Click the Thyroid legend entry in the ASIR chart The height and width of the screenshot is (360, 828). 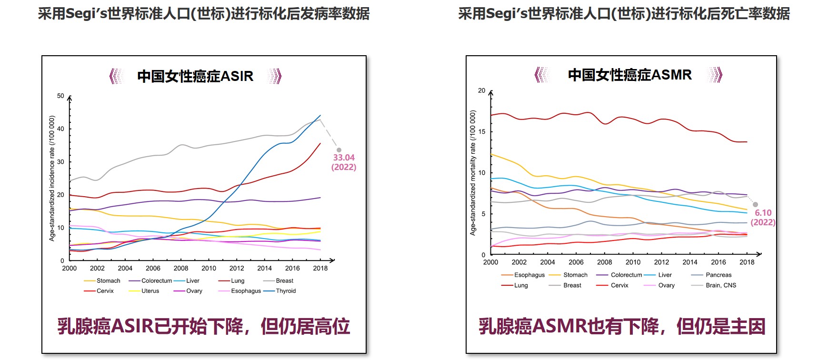click(285, 291)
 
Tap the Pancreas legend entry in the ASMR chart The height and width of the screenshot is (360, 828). click(718, 275)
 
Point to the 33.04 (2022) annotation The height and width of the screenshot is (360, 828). click(344, 162)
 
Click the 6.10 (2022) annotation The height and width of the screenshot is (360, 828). click(763, 218)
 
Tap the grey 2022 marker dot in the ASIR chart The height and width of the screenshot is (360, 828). click(339, 150)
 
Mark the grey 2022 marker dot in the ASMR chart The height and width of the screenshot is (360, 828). click(755, 205)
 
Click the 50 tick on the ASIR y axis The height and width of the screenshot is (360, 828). click(60, 96)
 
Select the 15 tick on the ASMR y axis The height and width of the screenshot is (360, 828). click(482, 132)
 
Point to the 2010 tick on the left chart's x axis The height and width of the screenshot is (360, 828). click(209, 269)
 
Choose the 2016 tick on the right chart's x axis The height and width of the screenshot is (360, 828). click(718, 262)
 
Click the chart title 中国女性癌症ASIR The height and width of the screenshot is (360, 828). click(195, 76)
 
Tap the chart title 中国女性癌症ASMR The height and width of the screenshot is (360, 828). click(629, 75)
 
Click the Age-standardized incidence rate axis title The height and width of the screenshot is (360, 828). click(52, 179)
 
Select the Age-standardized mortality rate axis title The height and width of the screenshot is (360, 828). click(473, 173)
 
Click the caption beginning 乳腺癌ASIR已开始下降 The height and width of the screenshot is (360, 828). click(204, 327)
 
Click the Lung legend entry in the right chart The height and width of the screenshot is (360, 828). click(520, 286)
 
